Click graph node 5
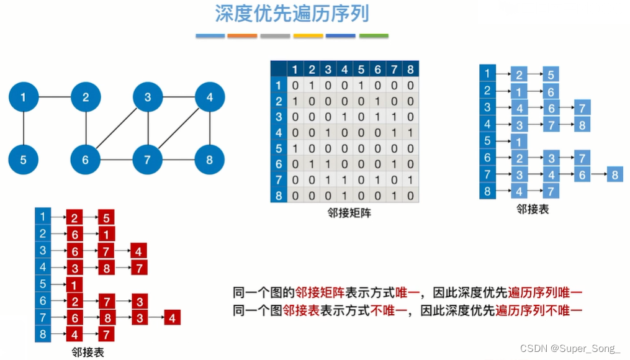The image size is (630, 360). (23, 160)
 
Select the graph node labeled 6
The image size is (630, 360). (86, 160)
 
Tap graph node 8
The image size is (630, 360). (210, 160)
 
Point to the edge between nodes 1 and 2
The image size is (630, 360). (55, 97)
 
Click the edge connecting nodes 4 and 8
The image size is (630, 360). (210, 128)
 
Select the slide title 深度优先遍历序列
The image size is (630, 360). (295, 14)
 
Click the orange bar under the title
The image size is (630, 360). (242, 36)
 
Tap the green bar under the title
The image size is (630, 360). (374, 36)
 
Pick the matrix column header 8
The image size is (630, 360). (410, 69)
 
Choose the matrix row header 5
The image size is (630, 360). (278, 149)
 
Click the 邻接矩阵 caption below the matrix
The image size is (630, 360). (349, 212)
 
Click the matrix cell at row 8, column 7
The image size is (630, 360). (394, 196)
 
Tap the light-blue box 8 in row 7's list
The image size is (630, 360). (614, 174)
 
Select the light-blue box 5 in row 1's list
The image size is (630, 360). (551, 74)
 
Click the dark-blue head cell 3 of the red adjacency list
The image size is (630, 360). (43, 250)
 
